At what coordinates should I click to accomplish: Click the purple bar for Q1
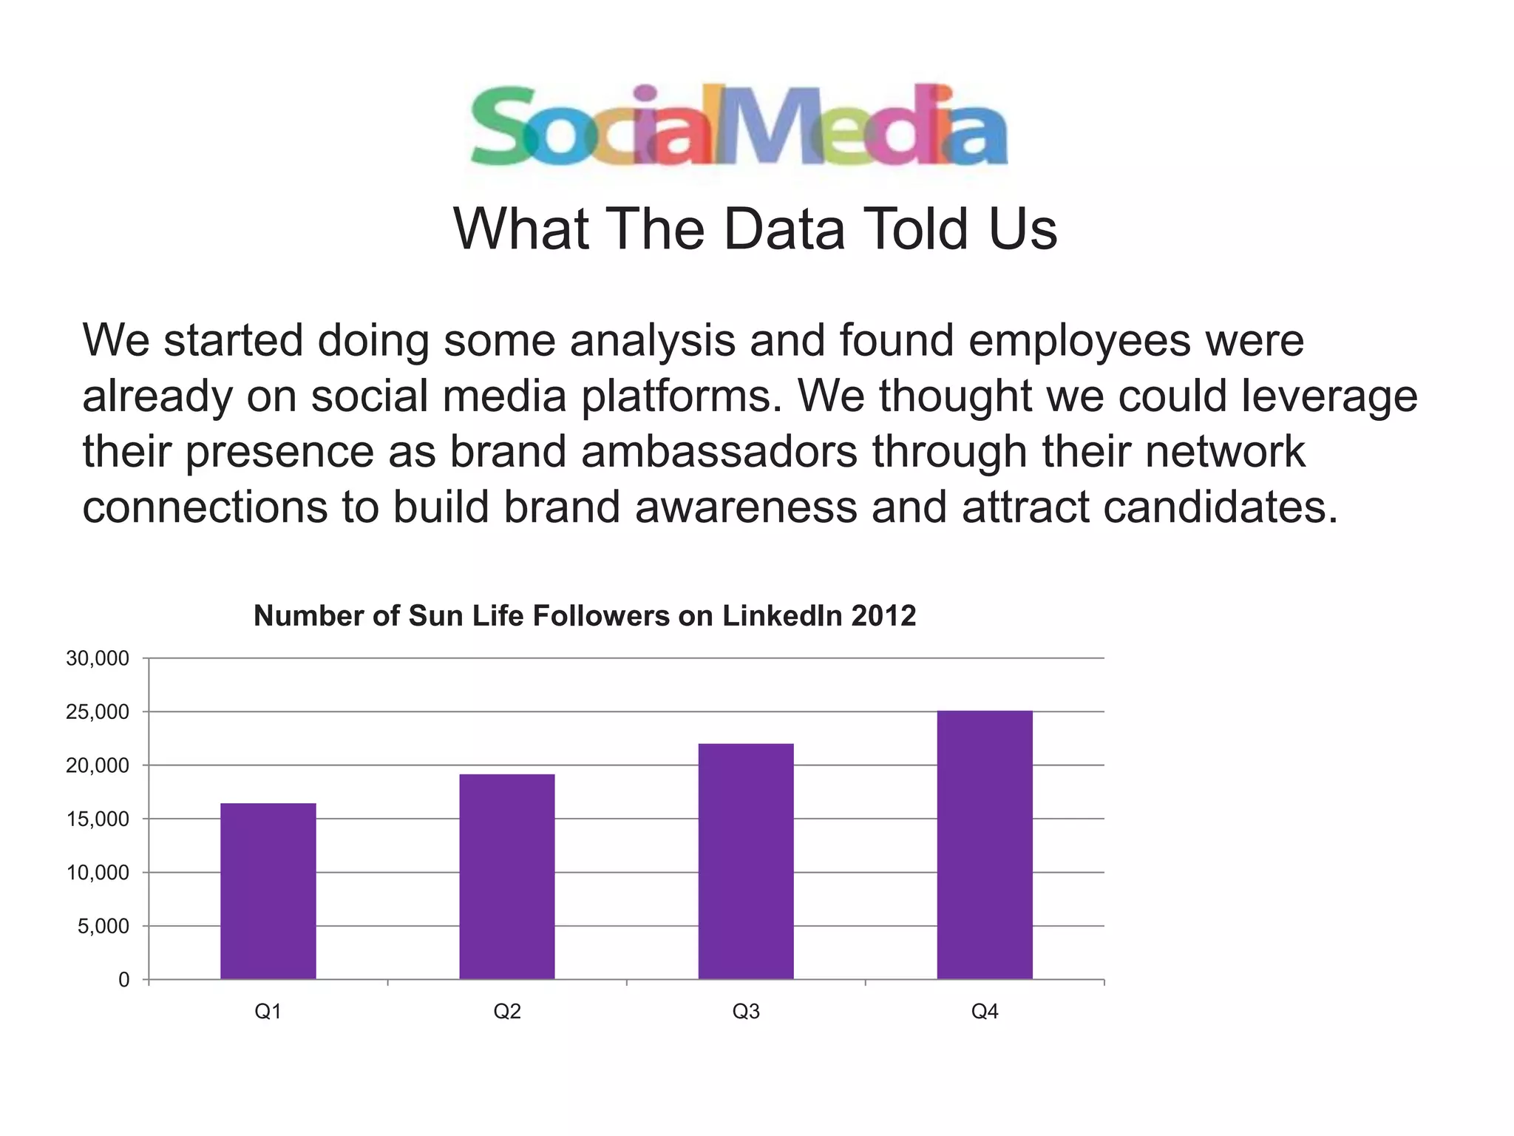(x=268, y=891)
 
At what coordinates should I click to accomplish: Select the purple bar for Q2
(x=507, y=876)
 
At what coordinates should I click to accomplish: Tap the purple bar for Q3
(x=746, y=862)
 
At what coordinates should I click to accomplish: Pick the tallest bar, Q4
(x=985, y=845)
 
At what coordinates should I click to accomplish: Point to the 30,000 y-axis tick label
(x=98, y=659)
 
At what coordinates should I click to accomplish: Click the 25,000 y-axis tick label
(x=98, y=712)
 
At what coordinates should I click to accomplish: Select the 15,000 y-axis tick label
(x=98, y=819)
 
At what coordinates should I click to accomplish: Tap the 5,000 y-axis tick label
(x=103, y=927)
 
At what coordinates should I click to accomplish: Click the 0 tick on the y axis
(x=123, y=980)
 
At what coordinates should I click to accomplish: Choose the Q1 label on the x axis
(x=268, y=1012)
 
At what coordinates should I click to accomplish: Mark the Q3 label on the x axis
(x=746, y=1012)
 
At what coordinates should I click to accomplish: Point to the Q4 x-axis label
(x=985, y=1012)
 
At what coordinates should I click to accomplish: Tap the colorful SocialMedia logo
(x=739, y=126)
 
